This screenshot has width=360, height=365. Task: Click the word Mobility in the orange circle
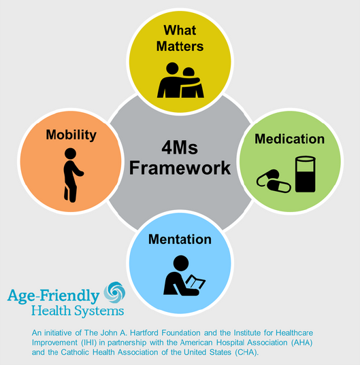click(x=71, y=135)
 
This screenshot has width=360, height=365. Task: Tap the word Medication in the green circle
click(x=290, y=139)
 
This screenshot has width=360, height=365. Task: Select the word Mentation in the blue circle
click(x=180, y=239)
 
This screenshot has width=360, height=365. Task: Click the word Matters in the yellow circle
click(x=180, y=46)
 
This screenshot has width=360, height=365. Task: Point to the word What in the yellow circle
click(x=180, y=30)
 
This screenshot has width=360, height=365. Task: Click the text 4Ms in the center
click(x=180, y=147)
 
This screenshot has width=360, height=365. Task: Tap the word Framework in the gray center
click(x=180, y=168)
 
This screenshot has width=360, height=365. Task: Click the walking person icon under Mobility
click(x=72, y=175)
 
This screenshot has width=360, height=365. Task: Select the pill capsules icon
click(x=274, y=181)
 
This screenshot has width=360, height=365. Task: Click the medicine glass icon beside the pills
click(x=306, y=174)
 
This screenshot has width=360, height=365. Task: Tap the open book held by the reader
click(x=195, y=282)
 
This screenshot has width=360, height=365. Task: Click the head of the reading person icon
click(x=181, y=263)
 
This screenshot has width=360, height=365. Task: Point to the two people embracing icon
click(x=180, y=80)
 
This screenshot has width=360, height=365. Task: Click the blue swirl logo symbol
click(x=114, y=292)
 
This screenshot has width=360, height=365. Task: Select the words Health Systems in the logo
click(x=78, y=311)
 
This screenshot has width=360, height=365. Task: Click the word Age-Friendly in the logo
click(x=53, y=296)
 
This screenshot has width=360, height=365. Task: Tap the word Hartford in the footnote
click(x=144, y=332)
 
